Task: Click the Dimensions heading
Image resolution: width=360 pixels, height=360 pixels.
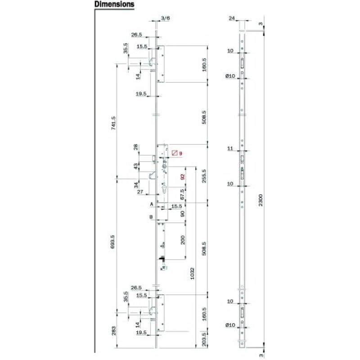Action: [114, 4]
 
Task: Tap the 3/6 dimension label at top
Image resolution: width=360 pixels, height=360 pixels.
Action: [165, 18]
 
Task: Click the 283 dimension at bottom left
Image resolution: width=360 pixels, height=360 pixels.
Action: [113, 331]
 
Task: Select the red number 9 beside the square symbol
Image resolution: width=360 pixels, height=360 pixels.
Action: [180, 153]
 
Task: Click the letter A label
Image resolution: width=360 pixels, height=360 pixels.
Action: [152, 204]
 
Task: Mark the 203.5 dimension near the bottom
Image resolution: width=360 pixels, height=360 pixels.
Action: [204, 338]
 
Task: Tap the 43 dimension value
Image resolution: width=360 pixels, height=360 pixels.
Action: [135, 166]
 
